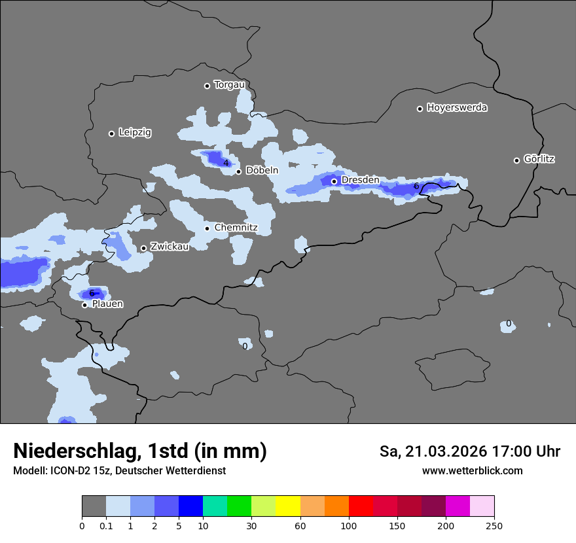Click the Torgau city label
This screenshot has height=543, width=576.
tap(229, 85)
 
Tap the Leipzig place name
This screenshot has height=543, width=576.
tap(135, 133)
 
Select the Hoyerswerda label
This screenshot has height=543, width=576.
tap(457, 108)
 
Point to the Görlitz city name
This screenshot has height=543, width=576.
tap(539, 159)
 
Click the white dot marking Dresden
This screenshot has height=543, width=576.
tap(334, 181)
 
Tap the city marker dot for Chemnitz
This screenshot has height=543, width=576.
tap(207, 228)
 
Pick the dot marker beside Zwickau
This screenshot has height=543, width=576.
tap(143, 248)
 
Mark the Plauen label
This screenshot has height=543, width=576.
tap(107, 304)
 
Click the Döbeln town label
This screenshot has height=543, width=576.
tap(262, 171)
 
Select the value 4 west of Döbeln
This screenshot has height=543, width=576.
tap(225, 163)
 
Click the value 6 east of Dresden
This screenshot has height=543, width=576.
tap(416, 186)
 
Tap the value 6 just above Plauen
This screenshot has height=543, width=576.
tap(92, 292)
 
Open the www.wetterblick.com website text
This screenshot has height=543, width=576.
tap(472, 470)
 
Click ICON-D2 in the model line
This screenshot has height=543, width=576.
tap(69, 470)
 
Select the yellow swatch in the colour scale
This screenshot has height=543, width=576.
tap(288, 506)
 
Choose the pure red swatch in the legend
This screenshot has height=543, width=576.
tap(361, 506)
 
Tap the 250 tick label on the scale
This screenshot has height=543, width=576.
tap(494, 525)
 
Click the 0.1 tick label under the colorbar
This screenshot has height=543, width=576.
tap(106, 525)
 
